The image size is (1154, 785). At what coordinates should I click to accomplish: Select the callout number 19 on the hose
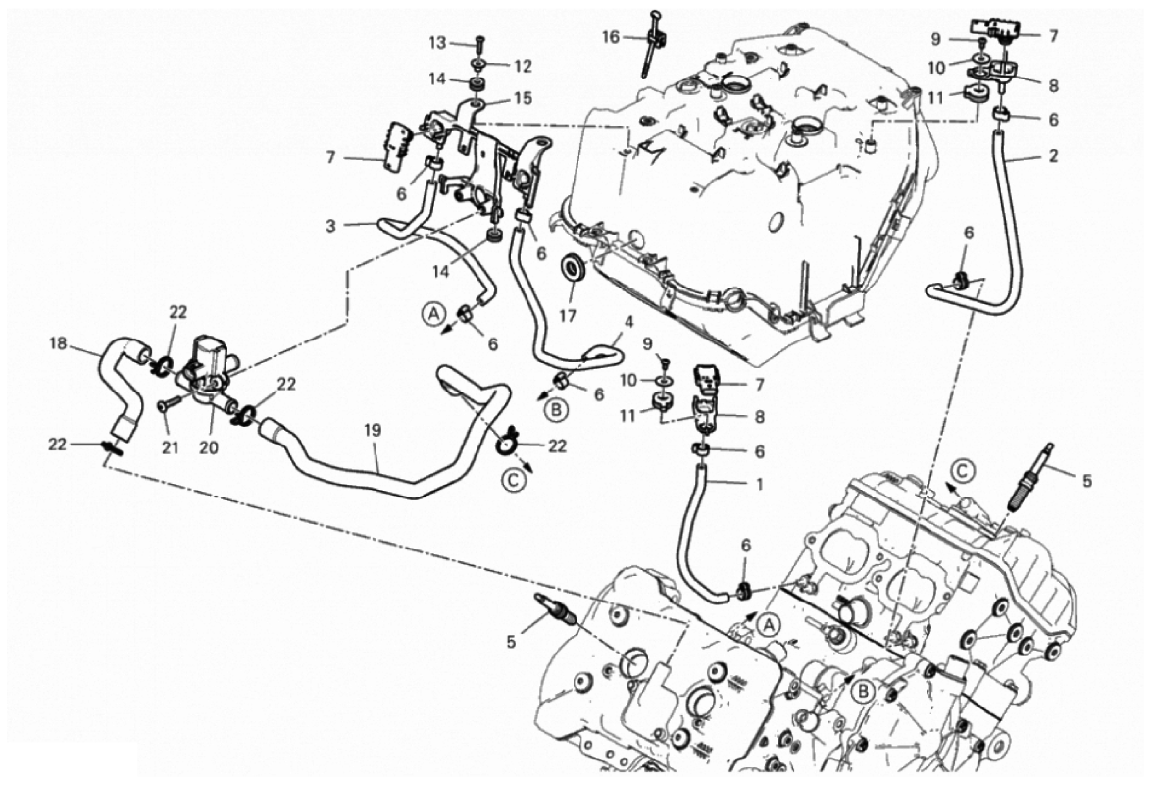tap(374, 430)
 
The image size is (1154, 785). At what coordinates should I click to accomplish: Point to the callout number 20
tap(208, 447)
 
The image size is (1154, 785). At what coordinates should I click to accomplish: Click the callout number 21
tap(170, 447)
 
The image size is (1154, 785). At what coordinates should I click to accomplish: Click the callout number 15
tap(523, 98)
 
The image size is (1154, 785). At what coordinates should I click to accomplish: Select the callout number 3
tap(331, 226)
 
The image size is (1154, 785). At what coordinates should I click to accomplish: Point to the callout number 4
tap(627, 323)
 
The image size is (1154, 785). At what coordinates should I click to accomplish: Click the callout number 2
tap(1053, 156)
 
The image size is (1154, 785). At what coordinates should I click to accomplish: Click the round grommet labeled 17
tap(574, 269)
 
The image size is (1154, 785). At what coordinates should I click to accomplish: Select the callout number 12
tap(523, 67)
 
